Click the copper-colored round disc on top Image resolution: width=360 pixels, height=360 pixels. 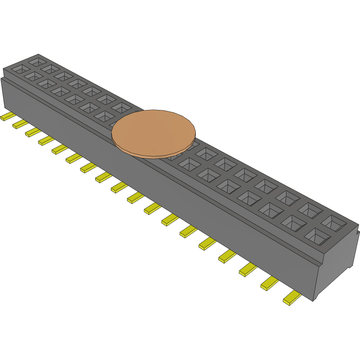coord(154,133)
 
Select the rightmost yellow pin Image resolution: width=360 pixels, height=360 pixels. coord(292,298)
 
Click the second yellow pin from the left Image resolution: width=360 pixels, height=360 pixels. coord(20,124)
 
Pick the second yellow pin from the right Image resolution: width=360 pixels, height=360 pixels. coord(270,283)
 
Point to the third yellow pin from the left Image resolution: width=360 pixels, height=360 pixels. coord(33,132)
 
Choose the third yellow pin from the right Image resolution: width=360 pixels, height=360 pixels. coord(248,269)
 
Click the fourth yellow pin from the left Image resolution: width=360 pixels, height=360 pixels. coord(46,140)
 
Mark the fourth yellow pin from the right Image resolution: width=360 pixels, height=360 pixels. coord(228,256)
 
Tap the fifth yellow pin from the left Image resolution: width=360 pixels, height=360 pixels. coord(60,149)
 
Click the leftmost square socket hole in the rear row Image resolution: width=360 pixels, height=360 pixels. coord(37,61)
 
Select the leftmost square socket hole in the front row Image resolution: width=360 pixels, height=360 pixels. coord(20,69)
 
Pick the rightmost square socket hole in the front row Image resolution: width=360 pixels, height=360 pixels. coord(316,236)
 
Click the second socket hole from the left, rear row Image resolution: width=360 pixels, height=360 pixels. coord(51,68)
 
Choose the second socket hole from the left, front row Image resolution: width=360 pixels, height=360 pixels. coord(33,76)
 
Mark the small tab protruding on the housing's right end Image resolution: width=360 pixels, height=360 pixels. coord(357,233)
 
